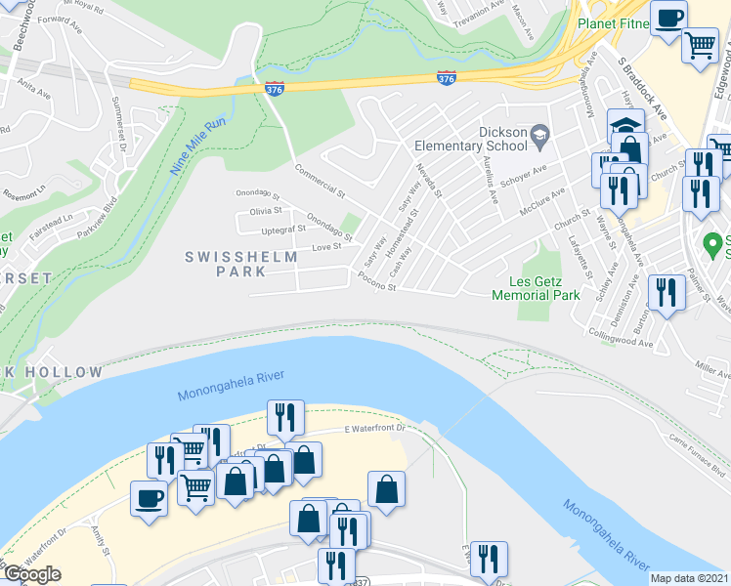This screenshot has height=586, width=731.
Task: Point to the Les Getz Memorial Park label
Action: click(536, 288)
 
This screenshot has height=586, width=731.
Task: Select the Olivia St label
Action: click(266, 211)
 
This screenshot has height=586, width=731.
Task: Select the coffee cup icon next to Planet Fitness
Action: click(669, 19)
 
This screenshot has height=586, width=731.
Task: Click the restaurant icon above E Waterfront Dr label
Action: click(284, 416)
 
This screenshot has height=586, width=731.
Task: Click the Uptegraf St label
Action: click(284, 229)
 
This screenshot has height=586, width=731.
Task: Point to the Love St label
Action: click(325, 246)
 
